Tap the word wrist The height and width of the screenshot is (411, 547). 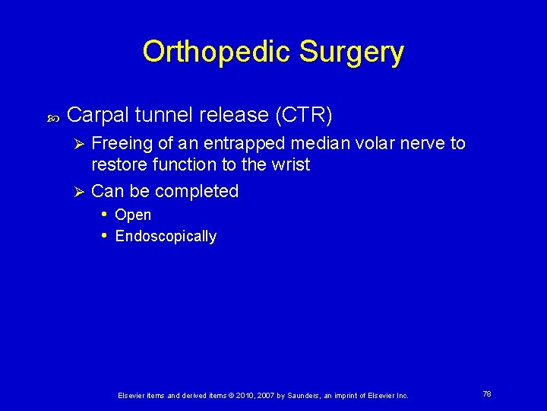point(288,164)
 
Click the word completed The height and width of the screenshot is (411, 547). point(200,191)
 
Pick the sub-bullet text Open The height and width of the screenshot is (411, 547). point(133,215)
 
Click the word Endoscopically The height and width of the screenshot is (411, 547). point(166,237)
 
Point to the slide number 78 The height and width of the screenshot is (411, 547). point(486,394)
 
